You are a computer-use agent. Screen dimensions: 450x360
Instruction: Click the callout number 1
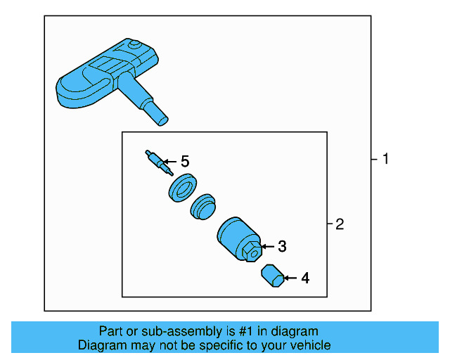(x=386, y=159)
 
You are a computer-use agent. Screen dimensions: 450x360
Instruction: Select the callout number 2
(x=340, y=224)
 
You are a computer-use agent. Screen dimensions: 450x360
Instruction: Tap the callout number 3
(x=283, y=246)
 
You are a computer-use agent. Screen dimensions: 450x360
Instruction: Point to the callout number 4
(x=305, y=278)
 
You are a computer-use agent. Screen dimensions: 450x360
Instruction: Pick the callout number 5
(x=185, y=161)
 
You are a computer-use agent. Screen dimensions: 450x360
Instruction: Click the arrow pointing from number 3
(x=267, y=246)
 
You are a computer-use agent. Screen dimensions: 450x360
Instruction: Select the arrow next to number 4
(x=290, y=278)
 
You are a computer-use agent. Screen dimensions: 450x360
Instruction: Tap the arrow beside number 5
(x=169, y=162)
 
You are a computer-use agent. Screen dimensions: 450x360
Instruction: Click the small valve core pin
(x=160, y=162)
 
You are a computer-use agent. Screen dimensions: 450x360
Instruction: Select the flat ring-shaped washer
(x=183, y=188)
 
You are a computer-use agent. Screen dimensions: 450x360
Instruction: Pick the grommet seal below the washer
(x=203, y=207)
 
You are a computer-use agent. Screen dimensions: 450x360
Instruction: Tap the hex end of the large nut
(x=252, y=252)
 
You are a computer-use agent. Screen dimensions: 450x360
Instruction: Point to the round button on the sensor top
(x=134, y=45)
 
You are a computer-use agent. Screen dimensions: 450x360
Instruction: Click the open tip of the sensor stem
(x=163, y=122)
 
